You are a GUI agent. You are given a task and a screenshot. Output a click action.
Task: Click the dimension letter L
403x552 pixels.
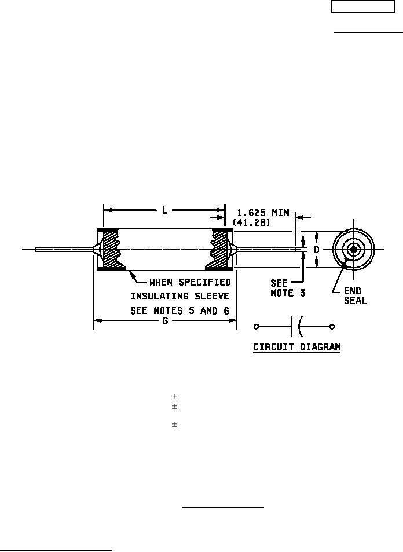coord(164,210)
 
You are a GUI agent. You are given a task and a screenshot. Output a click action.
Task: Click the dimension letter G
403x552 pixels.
coord(166,321)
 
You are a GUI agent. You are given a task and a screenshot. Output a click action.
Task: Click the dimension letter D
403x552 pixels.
coord(316,250)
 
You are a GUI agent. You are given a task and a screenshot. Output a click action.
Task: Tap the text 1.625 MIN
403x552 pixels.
coord(263,213)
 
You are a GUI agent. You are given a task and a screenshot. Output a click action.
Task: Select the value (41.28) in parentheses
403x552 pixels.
coord(252,222)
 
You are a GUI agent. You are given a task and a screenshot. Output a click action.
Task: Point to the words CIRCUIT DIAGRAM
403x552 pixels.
coord(297,347)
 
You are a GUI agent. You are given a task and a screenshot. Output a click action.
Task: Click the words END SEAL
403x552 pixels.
coord(355,296)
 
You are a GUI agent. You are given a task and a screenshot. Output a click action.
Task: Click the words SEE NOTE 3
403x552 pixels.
coord(288,288)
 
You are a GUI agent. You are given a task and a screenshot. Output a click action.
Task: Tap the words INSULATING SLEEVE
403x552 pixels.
coord(180,296)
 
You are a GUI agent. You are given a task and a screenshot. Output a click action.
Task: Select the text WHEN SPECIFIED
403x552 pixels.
coord(190,282)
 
